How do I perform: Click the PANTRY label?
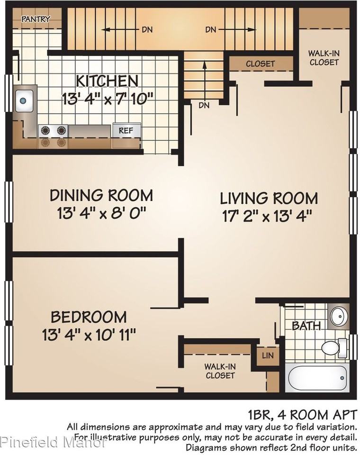[x=36, y=19]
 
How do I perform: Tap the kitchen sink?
[x=24, y=100]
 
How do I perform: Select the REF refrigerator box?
[x=126, y=131]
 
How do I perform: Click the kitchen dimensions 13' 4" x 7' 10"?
[x=108, y=100]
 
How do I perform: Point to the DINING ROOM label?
[x=101, y=195]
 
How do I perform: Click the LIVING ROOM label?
[x=269, y=199]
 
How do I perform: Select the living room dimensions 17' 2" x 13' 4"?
[x=267, y=216]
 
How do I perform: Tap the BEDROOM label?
[x=89, y=317]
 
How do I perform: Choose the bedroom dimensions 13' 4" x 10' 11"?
[x=89, y=335]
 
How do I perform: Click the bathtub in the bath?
[x=317, y=378]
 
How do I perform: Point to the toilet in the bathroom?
[x=333, y=347]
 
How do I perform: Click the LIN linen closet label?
[x=268, y=355]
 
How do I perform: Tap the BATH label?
[x=306, y=326]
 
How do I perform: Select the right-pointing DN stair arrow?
[x=237, y=29]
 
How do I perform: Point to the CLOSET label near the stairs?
[x=260, y=64]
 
